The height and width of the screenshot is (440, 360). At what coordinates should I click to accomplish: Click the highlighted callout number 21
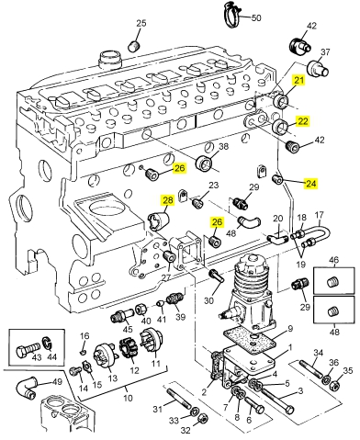pos(298,80)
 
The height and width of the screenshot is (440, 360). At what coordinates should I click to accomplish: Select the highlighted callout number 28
pos(168,200)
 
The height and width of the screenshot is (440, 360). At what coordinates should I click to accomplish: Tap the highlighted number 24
pos(310,184)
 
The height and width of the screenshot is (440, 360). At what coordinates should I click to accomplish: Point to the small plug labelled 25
pos(134,46)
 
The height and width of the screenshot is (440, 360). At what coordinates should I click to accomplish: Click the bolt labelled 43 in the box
pos(28,351)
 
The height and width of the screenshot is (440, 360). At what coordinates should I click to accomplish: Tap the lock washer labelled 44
pos(47,343)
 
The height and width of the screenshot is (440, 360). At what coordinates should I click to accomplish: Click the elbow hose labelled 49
pos(25,388)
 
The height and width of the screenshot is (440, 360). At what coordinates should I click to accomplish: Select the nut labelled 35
pos(334,386)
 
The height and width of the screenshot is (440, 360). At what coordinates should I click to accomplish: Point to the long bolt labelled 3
pos(277,398)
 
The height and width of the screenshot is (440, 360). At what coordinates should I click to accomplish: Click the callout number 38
pos(224,146)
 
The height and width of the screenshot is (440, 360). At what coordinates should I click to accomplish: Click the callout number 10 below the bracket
pos(128,398)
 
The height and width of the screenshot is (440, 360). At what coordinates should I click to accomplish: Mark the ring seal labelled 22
pos(280,128)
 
